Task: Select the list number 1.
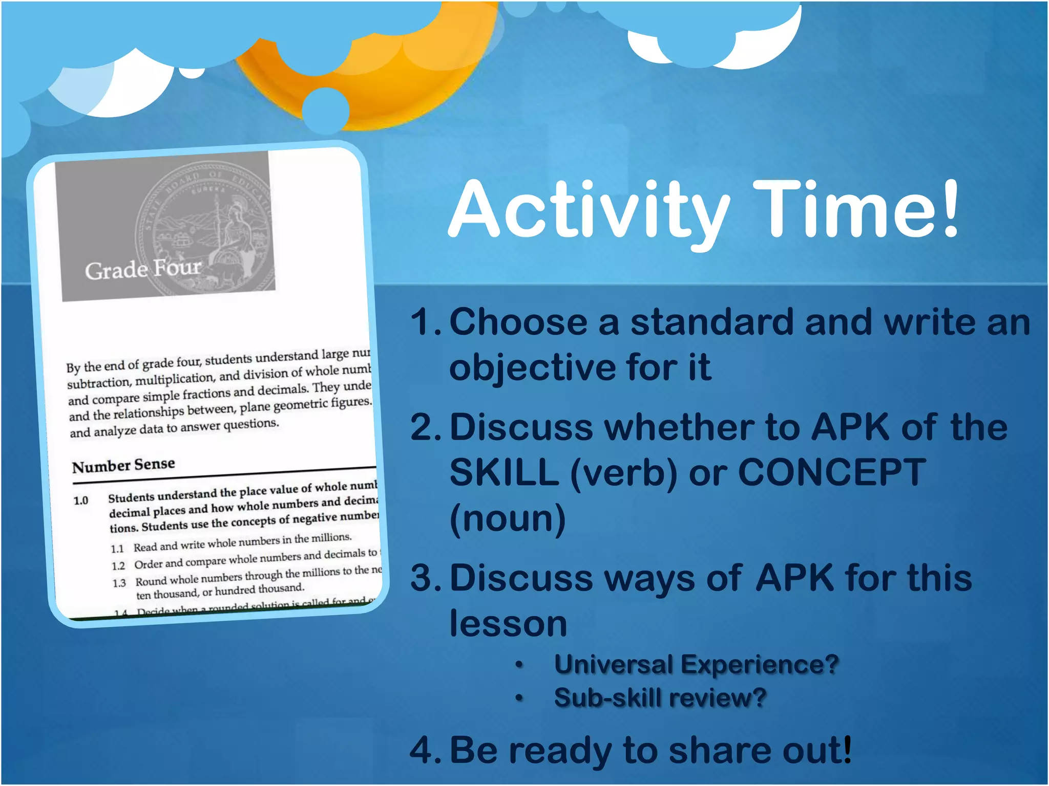coord(424,322)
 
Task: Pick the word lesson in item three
coord(508,624)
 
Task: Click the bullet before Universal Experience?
coord(519,665)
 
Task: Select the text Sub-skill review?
coord(660,698)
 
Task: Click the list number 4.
coord(424,750)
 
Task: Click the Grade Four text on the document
coord(143,269)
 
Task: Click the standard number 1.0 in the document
coord(81,500)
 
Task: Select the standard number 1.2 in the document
coord(118,566)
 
